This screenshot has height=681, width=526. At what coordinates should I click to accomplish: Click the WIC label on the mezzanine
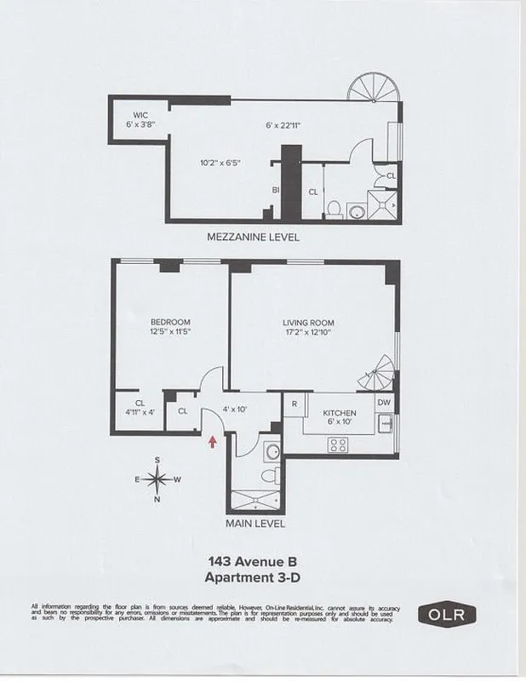tap(140, 114)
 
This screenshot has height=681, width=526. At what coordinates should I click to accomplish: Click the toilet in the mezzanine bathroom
tap(336, 207)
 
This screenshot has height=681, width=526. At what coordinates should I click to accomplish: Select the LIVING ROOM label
tap(308, 323)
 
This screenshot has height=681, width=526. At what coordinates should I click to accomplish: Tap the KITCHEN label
tap(339, 413)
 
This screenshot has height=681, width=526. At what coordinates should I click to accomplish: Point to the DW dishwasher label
tap(384, 403)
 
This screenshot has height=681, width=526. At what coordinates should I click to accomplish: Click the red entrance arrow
tap(212, 440)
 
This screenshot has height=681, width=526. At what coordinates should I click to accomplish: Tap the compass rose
tap(157, 479)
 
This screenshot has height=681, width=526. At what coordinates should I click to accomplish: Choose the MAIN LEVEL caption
tap(254, 524)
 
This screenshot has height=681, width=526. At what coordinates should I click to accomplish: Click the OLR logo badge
tap(446, 613)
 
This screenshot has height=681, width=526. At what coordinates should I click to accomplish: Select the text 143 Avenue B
tap(252, 561)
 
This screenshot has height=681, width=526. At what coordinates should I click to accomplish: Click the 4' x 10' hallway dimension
tap(234, 409)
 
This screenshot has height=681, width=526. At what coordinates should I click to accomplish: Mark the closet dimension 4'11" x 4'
tap(140, 414)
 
